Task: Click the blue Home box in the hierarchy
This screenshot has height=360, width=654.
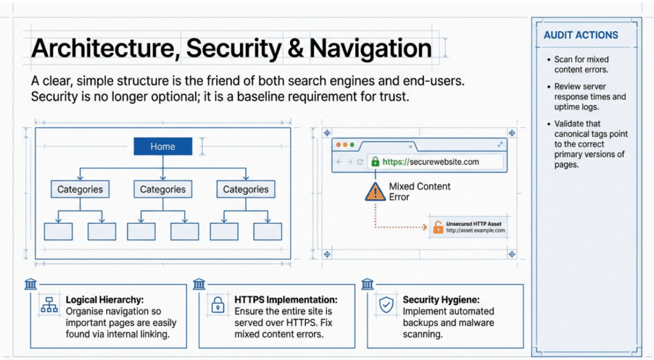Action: click(163, 147)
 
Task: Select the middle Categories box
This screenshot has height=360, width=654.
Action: click(163, 190)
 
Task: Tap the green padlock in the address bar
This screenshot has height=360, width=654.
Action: click(375, 162)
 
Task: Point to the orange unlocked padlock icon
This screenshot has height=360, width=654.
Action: click(438, 227)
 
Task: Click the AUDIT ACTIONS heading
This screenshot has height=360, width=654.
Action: click(581, 35)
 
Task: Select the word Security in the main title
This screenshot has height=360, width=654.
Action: click(242, 49)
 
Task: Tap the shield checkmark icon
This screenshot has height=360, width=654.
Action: click(386, 305)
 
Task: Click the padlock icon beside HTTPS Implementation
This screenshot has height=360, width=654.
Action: click(218, 305)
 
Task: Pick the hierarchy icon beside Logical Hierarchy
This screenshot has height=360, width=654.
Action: click(49, 305)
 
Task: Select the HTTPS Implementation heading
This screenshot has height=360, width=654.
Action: click(285, 299)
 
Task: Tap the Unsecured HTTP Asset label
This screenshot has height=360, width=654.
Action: click(473, 224)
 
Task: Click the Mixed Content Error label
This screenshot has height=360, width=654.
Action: click(420, 191)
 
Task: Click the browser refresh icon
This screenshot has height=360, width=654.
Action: click(360, 162)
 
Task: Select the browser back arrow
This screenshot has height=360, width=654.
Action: click(339, 162)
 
